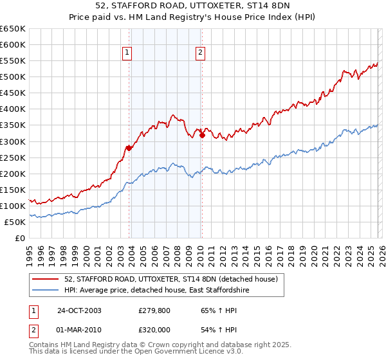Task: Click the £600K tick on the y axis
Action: click(x=13, y=44)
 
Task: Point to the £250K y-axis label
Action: click(x=13, y=157)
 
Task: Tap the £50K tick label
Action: click(x=15, y=222)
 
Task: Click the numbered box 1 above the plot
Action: click(x=127, y=53)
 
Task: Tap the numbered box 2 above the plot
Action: click(x=201, y=53)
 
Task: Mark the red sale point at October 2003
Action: click(x=129, y=148)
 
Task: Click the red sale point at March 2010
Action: click(x=202, y=135)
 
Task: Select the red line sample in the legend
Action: click(x=46, y=280)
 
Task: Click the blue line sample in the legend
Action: click(x=46, y=291)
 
